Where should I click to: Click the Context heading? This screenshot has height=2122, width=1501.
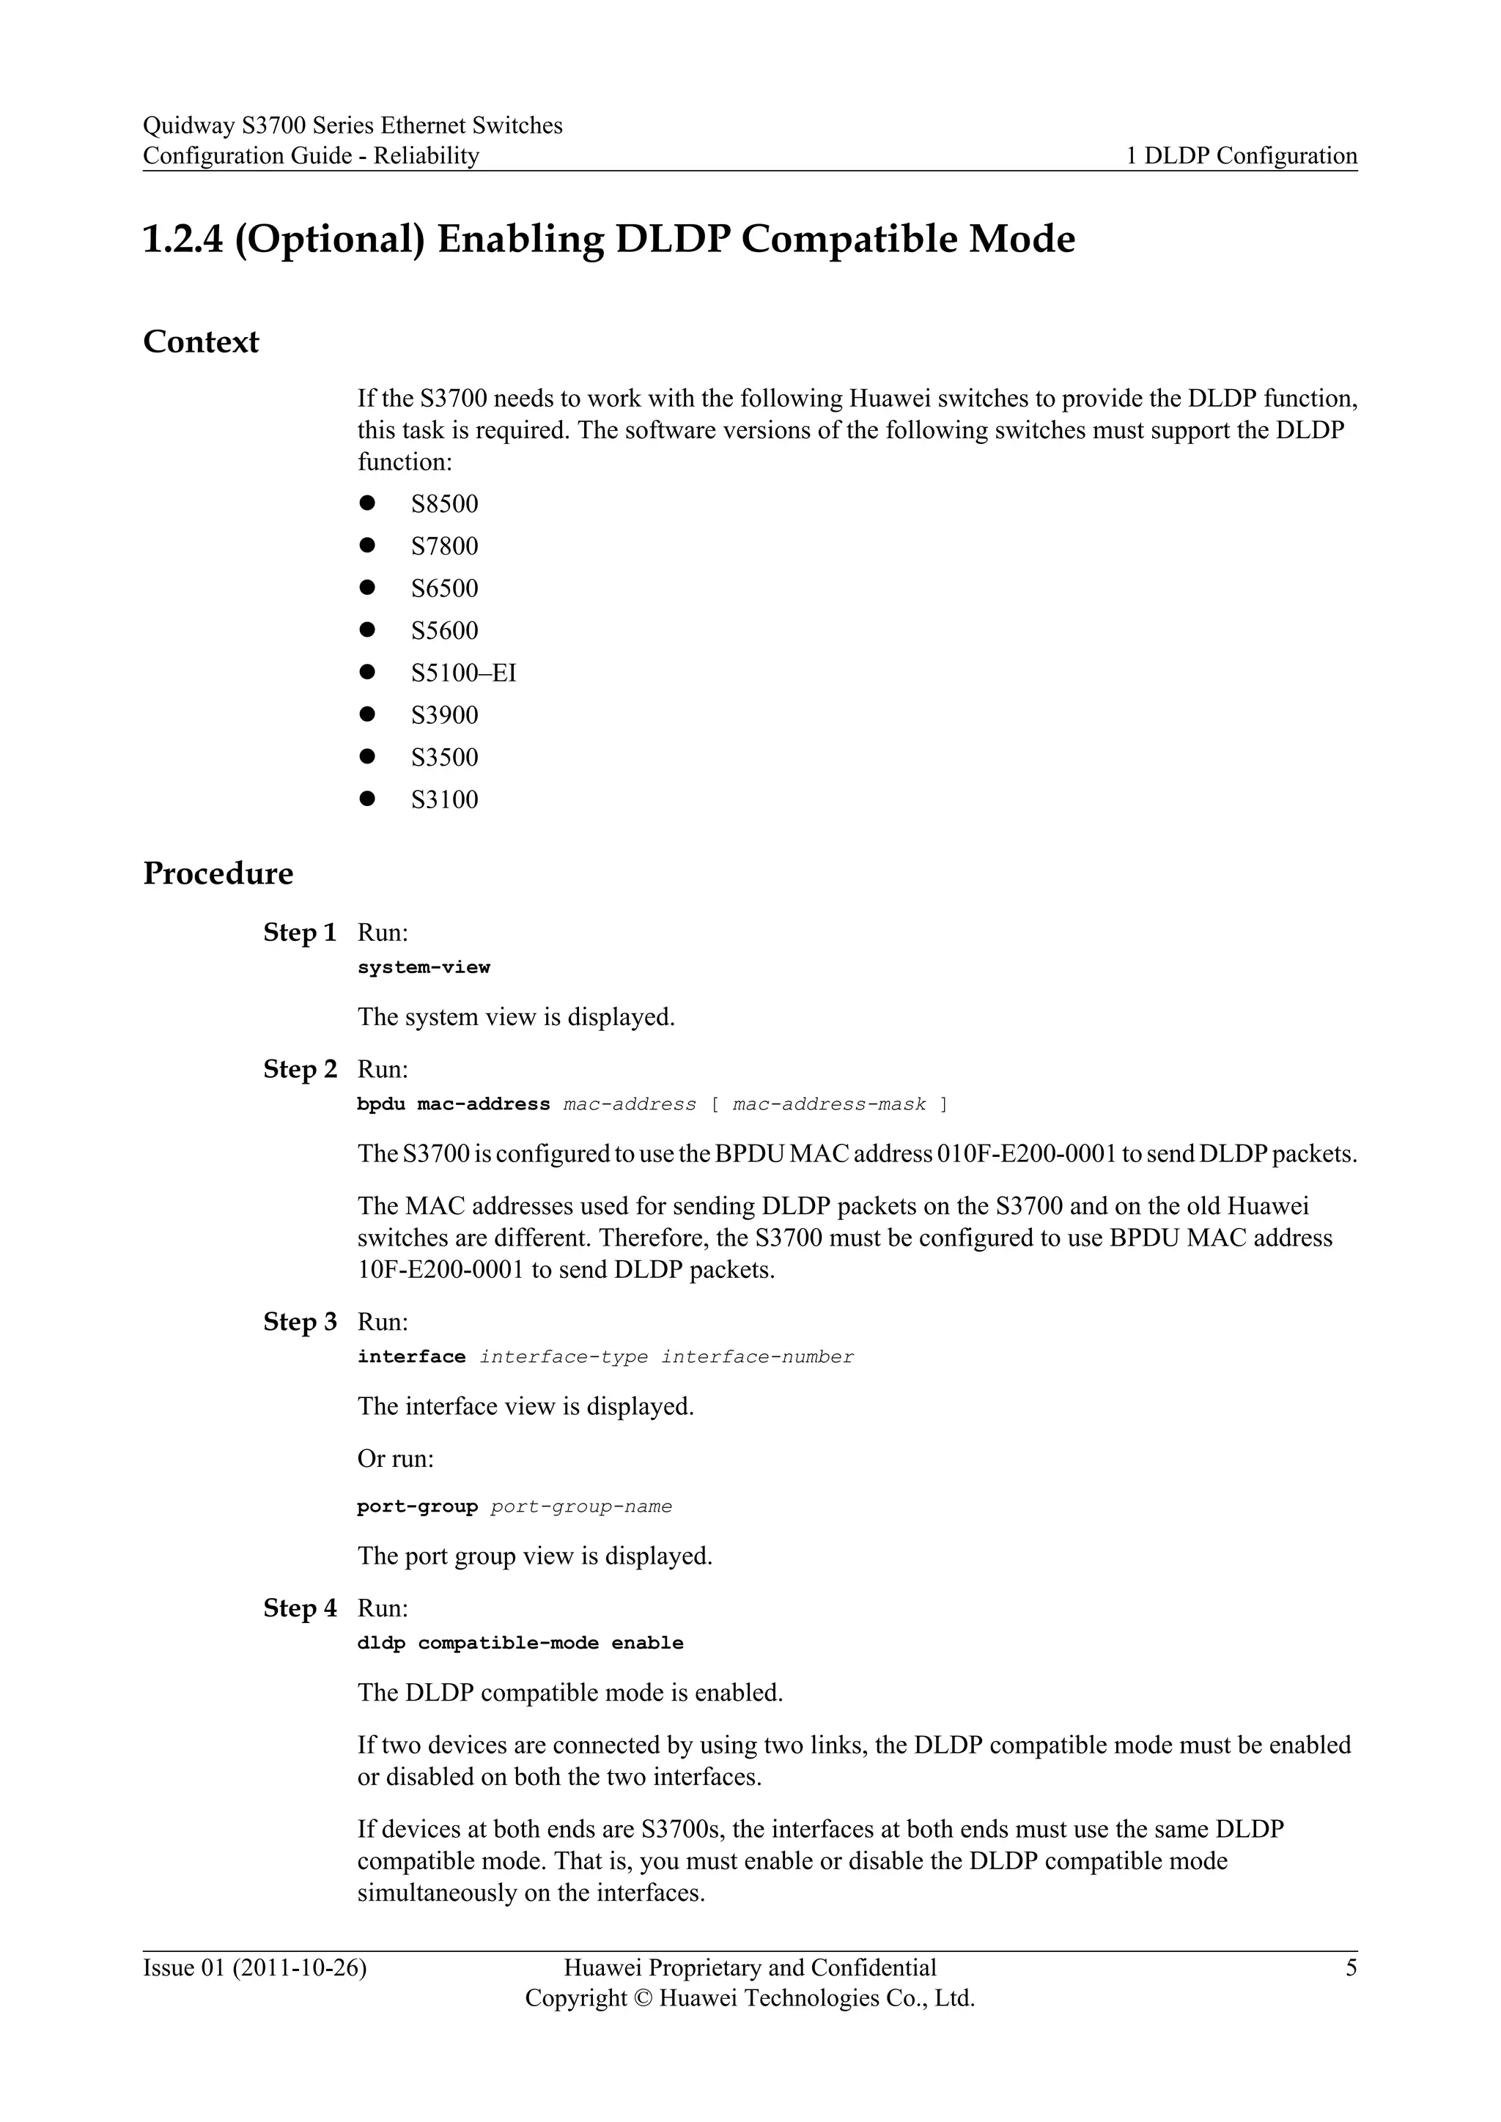click(201, 342)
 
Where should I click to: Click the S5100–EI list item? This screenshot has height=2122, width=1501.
click(463, 673)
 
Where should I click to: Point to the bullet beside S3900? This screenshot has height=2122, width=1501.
click(367, 714)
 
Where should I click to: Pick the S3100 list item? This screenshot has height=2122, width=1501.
click(445, 799)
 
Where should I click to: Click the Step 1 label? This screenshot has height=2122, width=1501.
click(300, 933)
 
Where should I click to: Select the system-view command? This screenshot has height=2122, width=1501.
click(424, 968)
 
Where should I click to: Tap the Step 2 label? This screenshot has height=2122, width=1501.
click(300, 1069)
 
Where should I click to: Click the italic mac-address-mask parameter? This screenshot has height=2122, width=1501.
click(828, 1104)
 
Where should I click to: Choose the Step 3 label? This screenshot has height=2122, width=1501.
click(300, 1322)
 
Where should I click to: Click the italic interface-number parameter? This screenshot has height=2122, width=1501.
click(757, 1357)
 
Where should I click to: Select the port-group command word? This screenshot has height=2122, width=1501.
click(417, 1507)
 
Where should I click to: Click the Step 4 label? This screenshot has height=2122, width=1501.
click(300, 1608)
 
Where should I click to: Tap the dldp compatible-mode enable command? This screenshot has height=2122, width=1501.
click(520, 1644)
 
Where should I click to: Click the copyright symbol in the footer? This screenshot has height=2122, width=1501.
click(643, 1998)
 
